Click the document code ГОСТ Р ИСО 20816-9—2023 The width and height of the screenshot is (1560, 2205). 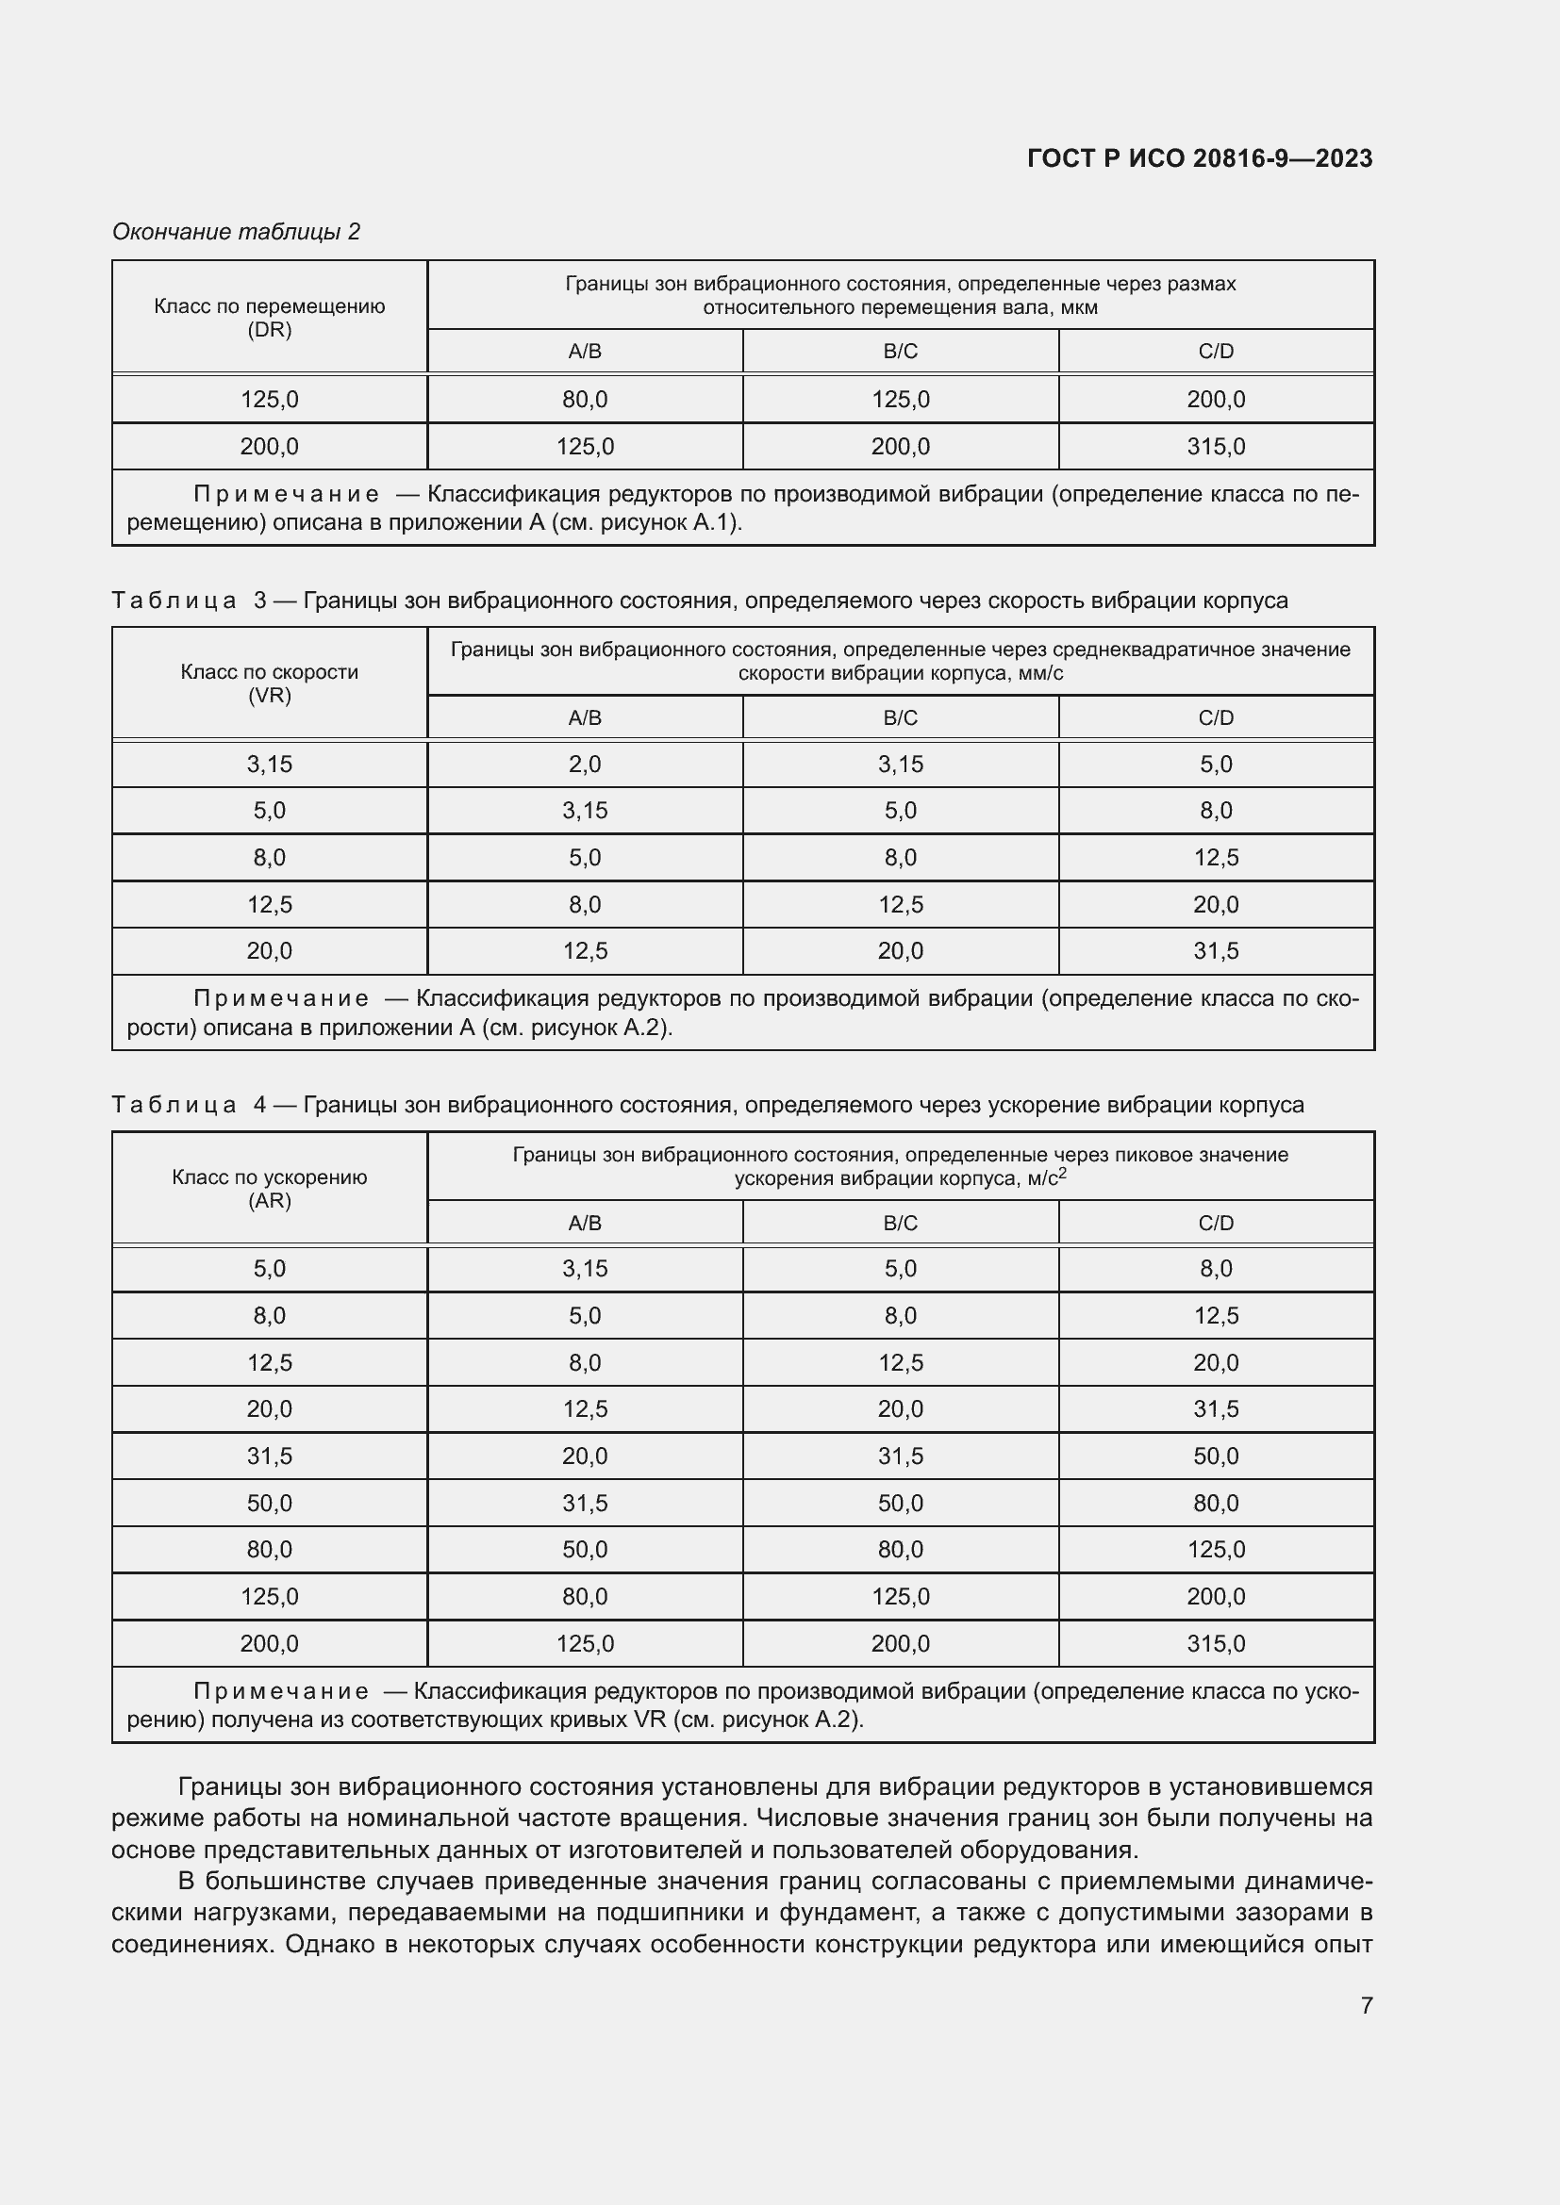tap(1199, 158)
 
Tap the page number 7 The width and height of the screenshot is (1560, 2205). tap(1366, 2005)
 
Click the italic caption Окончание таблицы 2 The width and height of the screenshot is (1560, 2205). tap(237, 232)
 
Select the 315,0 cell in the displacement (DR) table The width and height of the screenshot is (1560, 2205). tap(1215, 447)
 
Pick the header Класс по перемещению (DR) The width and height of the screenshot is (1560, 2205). tap(269, 317)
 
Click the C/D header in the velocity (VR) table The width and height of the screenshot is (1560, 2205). tap(1215, 717)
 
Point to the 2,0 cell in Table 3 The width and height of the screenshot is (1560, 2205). tap(584, 765)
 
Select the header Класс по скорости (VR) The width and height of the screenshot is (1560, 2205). tap(269, 683)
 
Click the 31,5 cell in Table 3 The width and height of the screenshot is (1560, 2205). tap(1215, 951)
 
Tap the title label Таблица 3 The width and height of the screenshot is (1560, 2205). tap(189, 601)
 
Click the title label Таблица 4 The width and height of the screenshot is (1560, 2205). tap(189, 1106)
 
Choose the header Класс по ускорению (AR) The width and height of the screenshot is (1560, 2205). tap(269, 1188)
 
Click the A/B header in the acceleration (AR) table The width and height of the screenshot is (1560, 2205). tap(584, 1223)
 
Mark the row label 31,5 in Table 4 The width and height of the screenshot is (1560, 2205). tap(269, 1456)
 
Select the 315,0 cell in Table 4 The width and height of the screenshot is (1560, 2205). tap(1215, 1643)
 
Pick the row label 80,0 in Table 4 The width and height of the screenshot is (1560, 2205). tap(269, 1549)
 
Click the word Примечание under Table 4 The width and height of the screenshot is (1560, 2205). tap(280, 1691)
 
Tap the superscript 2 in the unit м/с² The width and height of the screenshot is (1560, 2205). tap(1062, 1173)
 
